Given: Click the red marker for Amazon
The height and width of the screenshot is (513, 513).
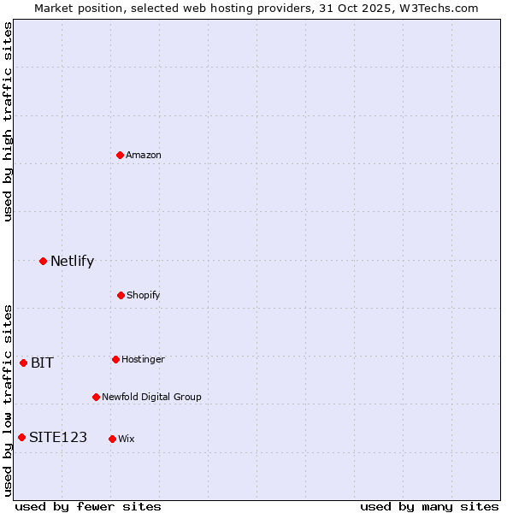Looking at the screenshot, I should coord(120,155).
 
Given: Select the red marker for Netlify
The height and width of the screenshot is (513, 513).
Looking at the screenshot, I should coord(43,261).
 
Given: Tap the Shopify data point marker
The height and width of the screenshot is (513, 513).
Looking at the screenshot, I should coord(121,295).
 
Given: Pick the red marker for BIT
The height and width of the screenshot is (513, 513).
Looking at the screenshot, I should coord(23,363).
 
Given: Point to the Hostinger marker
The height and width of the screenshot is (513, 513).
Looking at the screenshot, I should coord(115,359).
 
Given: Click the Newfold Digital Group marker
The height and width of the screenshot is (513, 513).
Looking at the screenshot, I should coord(96,397).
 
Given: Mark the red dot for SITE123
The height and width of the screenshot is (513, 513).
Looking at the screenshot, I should coord(21,437).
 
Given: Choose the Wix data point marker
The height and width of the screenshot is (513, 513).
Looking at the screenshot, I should coord(112,439).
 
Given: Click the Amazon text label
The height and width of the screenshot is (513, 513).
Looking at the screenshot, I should coord(144,155).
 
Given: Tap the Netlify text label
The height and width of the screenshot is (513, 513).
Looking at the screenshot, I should coord(72,261).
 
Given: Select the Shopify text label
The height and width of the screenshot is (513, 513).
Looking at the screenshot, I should coord(144,295).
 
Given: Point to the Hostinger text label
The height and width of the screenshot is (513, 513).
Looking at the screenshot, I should coord(143,359).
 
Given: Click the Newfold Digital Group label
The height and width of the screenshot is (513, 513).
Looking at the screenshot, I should coord(151,397).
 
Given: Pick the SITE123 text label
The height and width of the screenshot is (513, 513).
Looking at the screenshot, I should coord(58,437).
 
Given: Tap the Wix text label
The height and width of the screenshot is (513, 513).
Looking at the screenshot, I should coord(127,439).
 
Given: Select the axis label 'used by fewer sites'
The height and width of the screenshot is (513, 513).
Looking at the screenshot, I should coord(88,506).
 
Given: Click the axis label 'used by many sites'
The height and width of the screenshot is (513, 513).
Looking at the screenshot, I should coord(429,506).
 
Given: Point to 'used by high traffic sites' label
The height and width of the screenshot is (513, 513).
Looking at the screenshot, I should coord(8,121).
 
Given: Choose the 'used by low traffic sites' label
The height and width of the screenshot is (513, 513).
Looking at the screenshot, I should coord(8,400).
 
